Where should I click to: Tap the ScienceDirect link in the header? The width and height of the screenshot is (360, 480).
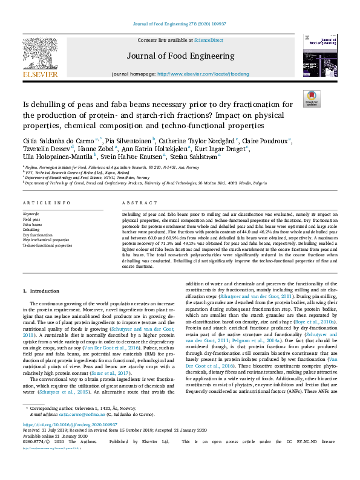click(x=208, y=39)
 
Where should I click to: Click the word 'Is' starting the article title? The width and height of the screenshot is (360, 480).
click(x=27, y=105)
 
